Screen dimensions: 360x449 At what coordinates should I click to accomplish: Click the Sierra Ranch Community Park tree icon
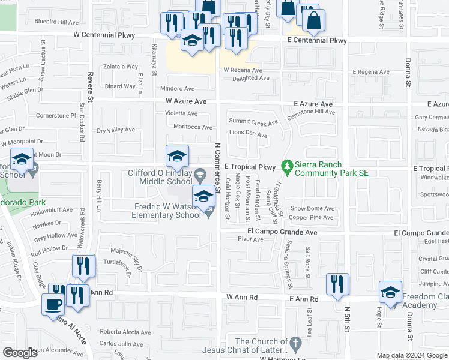pyautogui.click(x=288, y=165)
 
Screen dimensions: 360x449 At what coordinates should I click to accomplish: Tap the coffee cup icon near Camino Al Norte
pyautogui.click(x=53, y=303)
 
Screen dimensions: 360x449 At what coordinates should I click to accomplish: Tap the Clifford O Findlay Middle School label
pyautogui.click(x=161, y=177)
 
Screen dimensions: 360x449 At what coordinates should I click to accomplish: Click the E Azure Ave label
pyautogui.click(x=313, y=104)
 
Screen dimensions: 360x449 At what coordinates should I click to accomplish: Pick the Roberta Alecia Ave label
pyautogui.click(x=125, y=332)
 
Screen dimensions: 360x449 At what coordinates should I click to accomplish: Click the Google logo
pyautogui.click(x=20, y=353)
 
